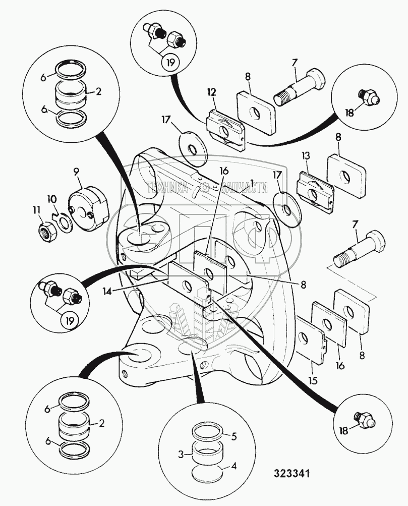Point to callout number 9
(77, 171)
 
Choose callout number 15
(313, 377)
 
